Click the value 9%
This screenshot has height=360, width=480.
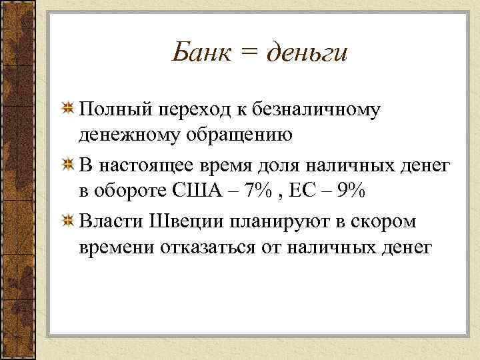pos(351,193)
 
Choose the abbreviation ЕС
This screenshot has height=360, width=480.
pos(305,193)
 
